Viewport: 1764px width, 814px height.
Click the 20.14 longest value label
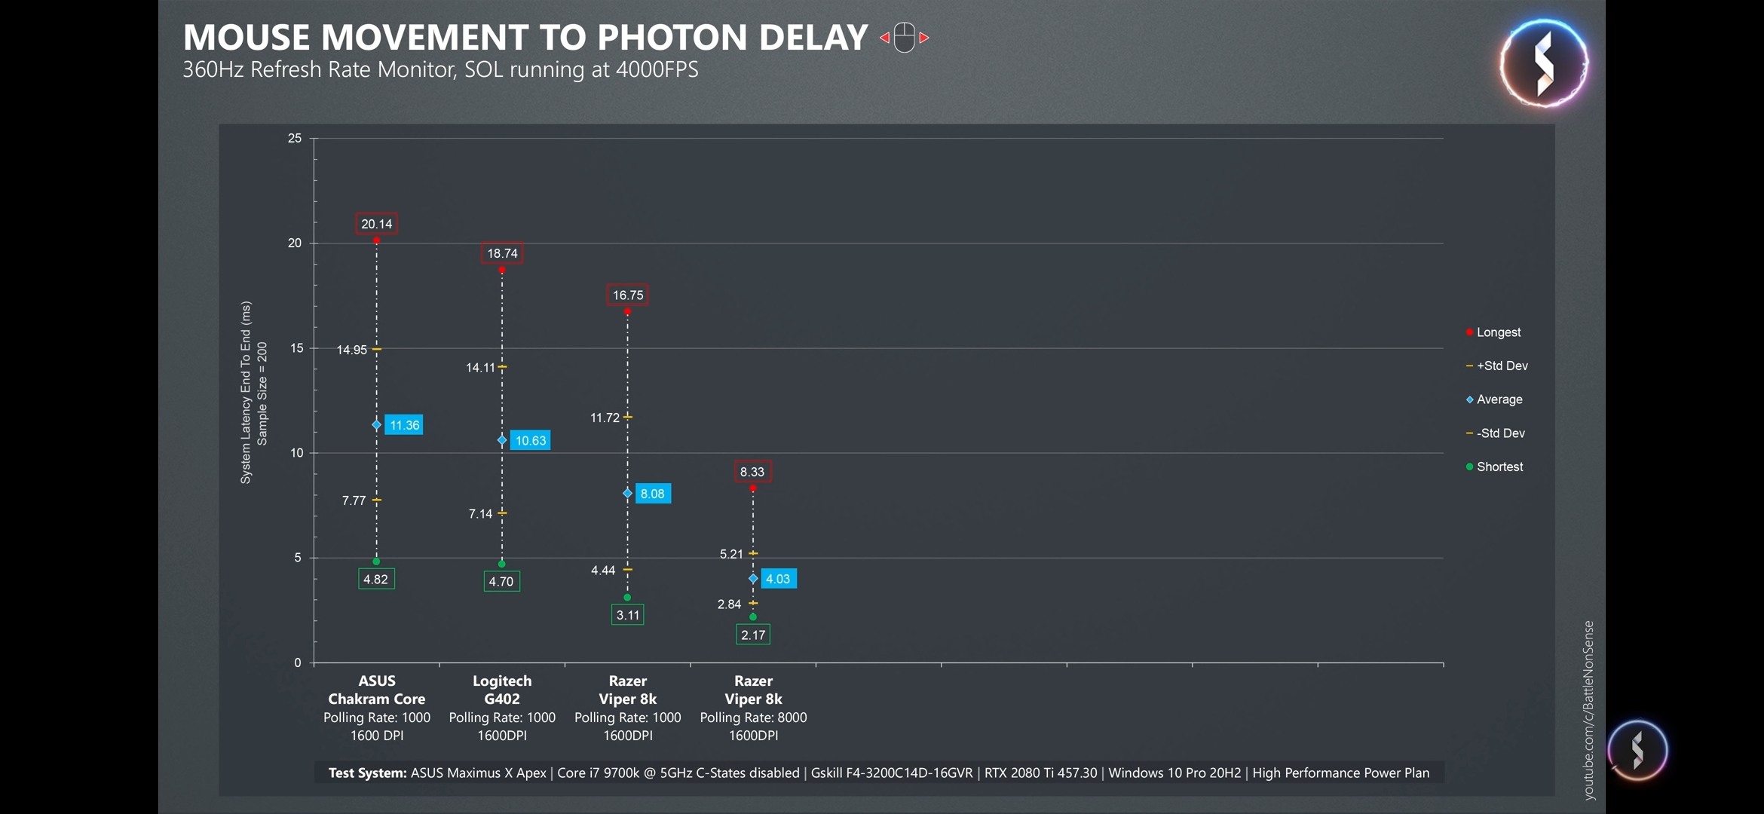(x=376, y=224)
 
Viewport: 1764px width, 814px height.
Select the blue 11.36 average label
(x=404, y=425)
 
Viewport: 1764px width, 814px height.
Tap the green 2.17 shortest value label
(x=753, y=635)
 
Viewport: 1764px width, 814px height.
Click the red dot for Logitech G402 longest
(x=502, y=270)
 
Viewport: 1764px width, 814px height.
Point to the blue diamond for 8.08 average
(x=627, y=494)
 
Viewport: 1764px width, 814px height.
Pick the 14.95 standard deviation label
(x=352, y=350)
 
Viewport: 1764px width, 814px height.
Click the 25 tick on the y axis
(x=294, y=138)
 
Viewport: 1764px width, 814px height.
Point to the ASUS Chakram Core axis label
(x=377, y=690)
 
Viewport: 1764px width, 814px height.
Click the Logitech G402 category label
(x=502, y=690)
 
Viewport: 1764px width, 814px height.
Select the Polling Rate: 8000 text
(x=753, y=718)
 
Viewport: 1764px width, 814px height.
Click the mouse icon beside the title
(x=905, y=38)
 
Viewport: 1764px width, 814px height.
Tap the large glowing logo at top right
(x=1543, y=63)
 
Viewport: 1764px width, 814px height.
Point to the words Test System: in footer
(x=367, y=773)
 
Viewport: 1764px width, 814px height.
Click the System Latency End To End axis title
(x=246, y=392)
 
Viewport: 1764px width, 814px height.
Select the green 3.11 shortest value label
(x=627, y=615)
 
